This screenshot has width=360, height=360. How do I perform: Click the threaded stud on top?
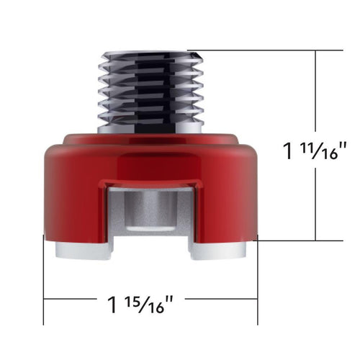click(150, 90)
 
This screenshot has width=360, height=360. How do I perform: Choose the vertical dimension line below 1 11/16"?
click(315, 205)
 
